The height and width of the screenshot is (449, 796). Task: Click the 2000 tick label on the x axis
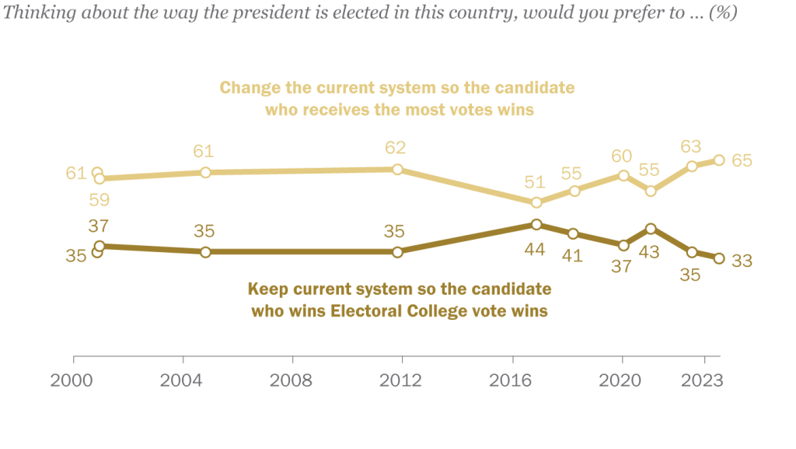[x=73, y=381]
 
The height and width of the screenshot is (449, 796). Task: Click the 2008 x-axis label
[x=293, y=381]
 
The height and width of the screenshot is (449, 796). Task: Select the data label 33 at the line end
[x=742, y=261]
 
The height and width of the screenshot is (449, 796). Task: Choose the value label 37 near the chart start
[x=98, y=226]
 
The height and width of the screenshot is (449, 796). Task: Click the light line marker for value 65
[x=719, y=160]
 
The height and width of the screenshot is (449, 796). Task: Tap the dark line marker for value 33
[x=719, y=258]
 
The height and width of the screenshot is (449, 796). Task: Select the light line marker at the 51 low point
[x=536, y=202]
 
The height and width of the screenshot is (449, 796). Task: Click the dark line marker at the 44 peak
[x=536, y=224]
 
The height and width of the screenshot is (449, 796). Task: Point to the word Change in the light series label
[x=245, y=87]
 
